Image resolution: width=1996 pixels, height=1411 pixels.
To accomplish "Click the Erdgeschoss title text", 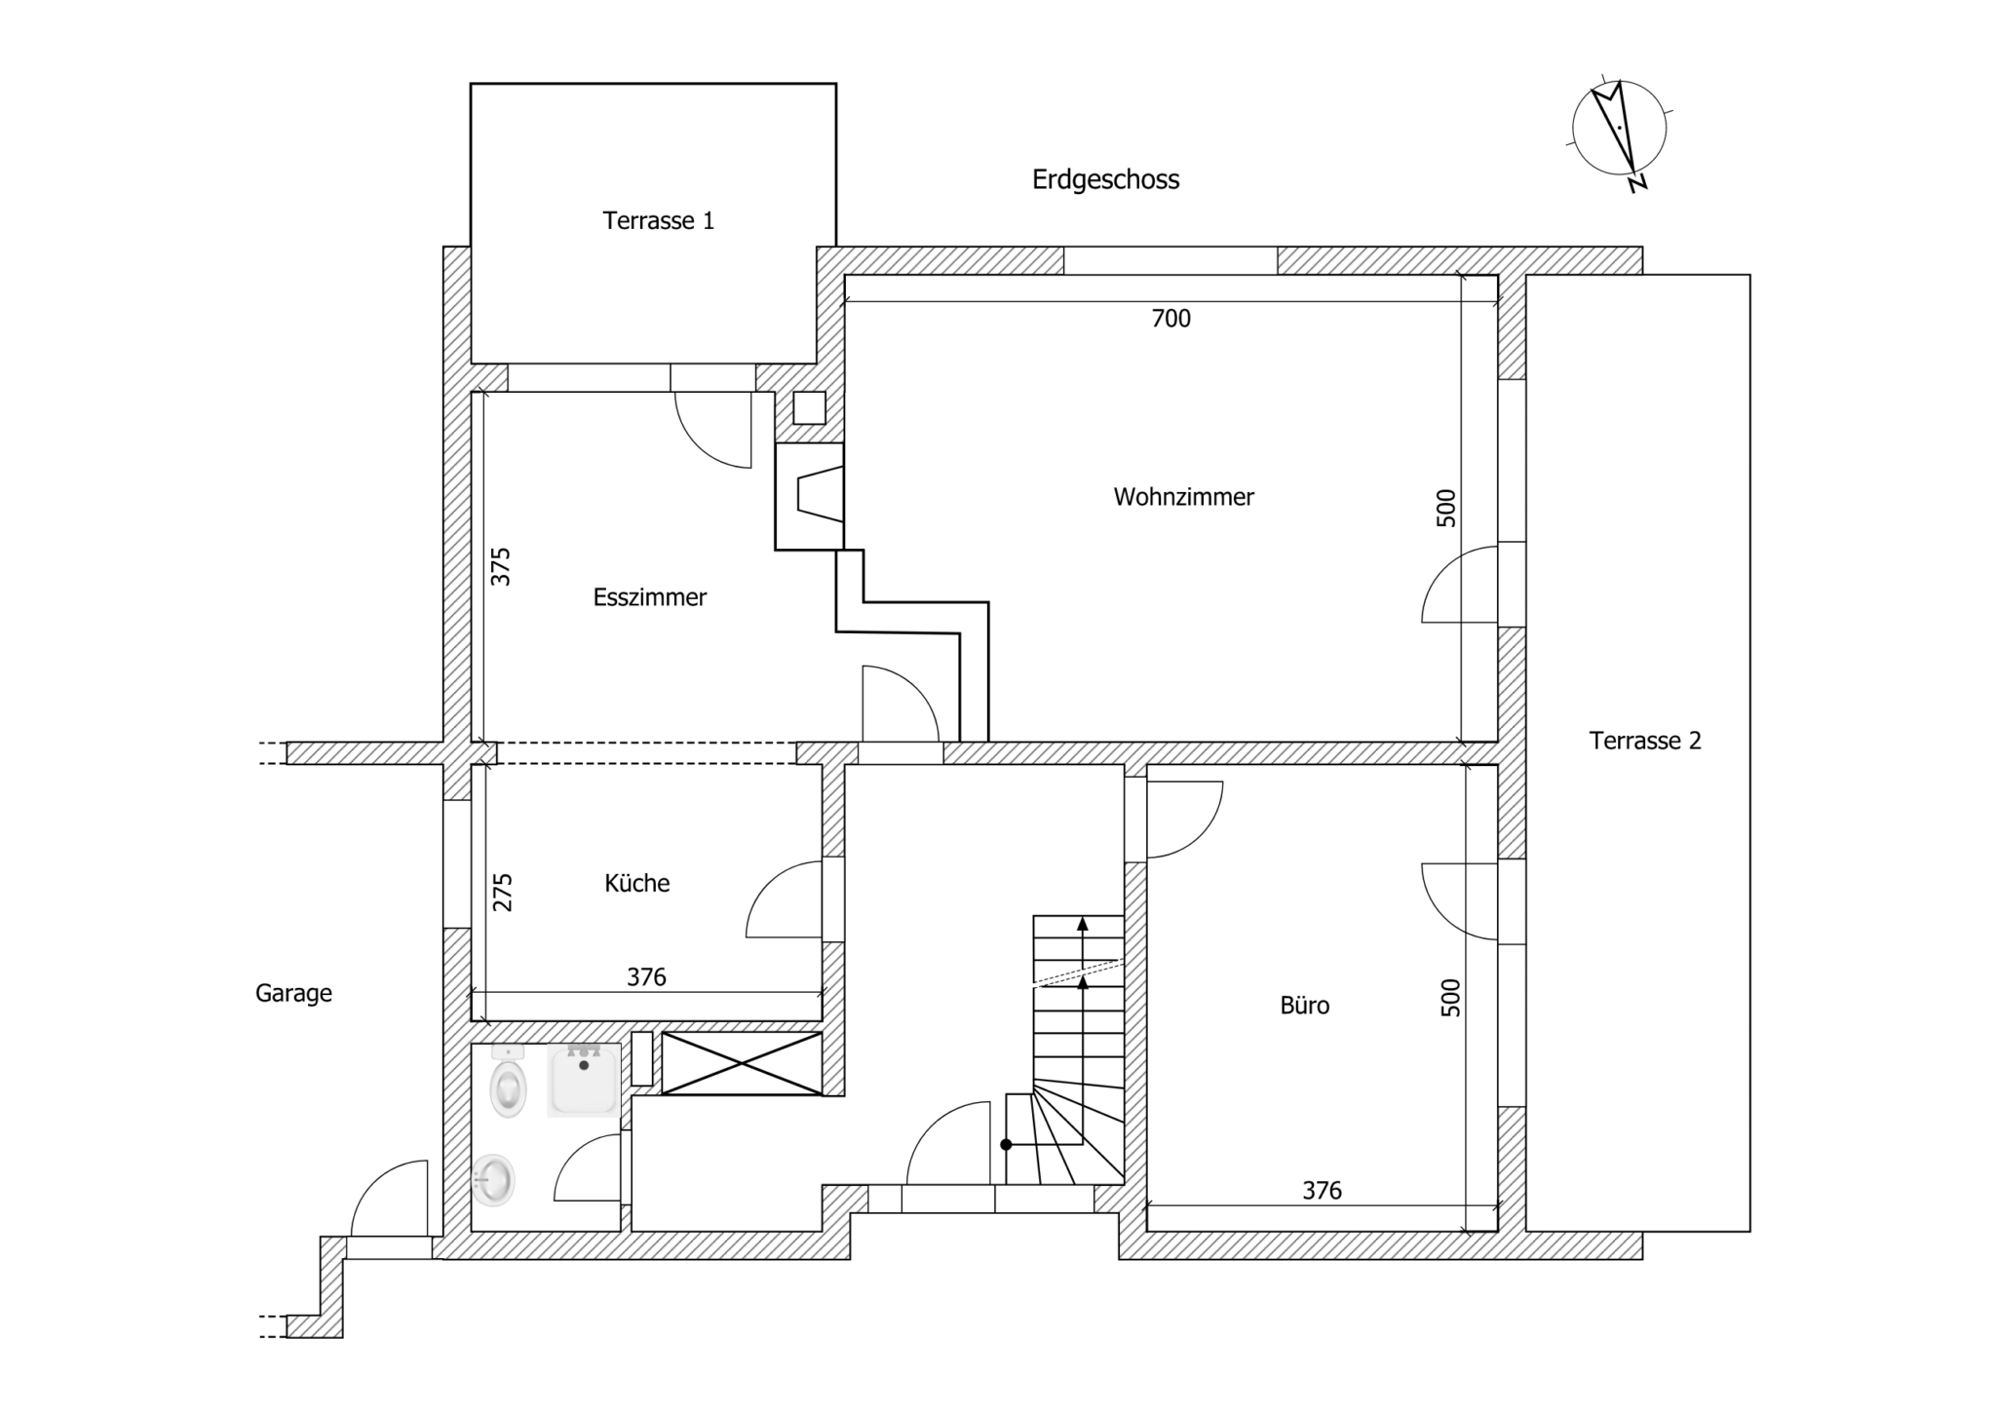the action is click(1105, 179).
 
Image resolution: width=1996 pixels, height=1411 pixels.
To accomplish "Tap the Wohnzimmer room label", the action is click(1183, 497).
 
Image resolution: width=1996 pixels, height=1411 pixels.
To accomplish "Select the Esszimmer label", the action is click(650, 597).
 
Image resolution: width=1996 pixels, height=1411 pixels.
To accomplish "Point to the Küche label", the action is click(637, 883).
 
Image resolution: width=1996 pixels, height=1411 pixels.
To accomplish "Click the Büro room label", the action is click(1304, 1005).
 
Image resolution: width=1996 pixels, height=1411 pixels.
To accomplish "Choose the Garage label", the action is click(293, 993).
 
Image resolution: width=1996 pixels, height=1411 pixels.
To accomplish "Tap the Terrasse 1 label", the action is click(658, 221).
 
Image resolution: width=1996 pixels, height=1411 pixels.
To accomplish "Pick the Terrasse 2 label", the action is click(1645, 741).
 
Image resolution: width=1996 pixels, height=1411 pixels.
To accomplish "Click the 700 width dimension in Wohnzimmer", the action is click(1171, 319).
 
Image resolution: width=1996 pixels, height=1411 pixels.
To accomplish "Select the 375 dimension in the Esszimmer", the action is click(500, 566).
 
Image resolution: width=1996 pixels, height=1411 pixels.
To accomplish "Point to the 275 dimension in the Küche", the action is click(501, 892).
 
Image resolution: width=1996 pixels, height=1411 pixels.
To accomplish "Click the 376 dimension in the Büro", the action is click(1322, 1190).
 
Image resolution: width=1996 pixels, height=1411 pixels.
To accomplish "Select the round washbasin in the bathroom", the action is click(494, 1181).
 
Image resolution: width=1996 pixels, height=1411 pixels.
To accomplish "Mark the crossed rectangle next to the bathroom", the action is click(742, 1063).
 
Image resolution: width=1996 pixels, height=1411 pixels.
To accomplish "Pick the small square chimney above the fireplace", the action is click(809, 407).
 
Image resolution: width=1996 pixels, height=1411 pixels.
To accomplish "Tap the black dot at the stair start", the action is click(1007, 1145).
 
